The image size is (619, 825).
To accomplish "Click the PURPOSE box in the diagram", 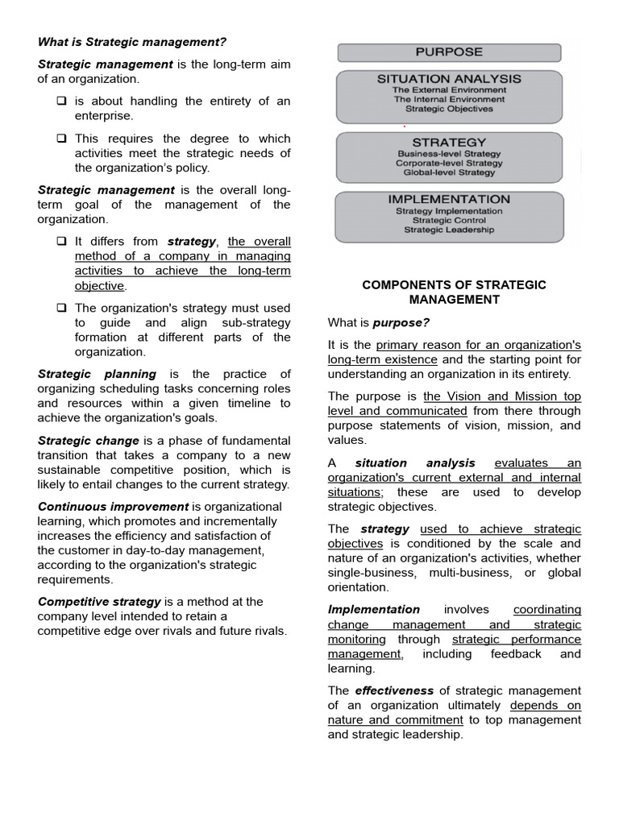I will [449, 52].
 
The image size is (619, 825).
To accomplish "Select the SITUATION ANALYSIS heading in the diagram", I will [449, 79].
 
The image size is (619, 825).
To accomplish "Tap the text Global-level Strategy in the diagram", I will [449, 172].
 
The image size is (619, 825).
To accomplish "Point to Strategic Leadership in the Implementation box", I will [449, 230].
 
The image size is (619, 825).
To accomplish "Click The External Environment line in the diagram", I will [449, 90].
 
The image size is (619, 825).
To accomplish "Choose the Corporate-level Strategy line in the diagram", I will [449, 163].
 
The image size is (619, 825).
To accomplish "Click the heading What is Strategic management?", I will [132, 42].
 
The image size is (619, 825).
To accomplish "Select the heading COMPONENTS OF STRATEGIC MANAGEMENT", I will [454, 292].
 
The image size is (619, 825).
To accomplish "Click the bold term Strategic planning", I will [97, 374].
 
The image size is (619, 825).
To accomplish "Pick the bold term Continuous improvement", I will [113, 507].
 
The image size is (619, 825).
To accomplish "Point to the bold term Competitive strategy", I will [99, 602].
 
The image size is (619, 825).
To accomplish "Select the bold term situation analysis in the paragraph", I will [415, 463].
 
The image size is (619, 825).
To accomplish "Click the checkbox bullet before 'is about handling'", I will [61, 102].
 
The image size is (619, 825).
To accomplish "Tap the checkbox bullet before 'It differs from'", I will [61, 242].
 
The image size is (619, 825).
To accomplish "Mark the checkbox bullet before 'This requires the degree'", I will [61, 139].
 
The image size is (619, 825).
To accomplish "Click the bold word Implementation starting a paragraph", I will [373, 610].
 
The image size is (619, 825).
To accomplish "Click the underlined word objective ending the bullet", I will [99, 286].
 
